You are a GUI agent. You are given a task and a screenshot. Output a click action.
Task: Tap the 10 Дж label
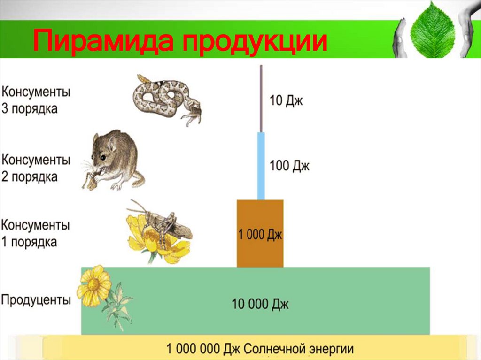point(286,100)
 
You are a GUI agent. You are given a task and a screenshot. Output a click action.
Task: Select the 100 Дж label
point(289,166)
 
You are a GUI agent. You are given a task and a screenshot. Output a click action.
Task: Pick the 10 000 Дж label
point(260,304)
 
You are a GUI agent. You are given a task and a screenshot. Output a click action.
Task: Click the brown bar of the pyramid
point(260,216)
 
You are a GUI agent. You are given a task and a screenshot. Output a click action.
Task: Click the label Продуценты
point(36,300)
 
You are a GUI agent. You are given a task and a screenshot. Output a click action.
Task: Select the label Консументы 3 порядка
point(36,100)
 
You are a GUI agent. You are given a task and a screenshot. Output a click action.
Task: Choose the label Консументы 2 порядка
point(36,169)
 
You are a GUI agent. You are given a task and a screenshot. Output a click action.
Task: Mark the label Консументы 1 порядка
point(36,233)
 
